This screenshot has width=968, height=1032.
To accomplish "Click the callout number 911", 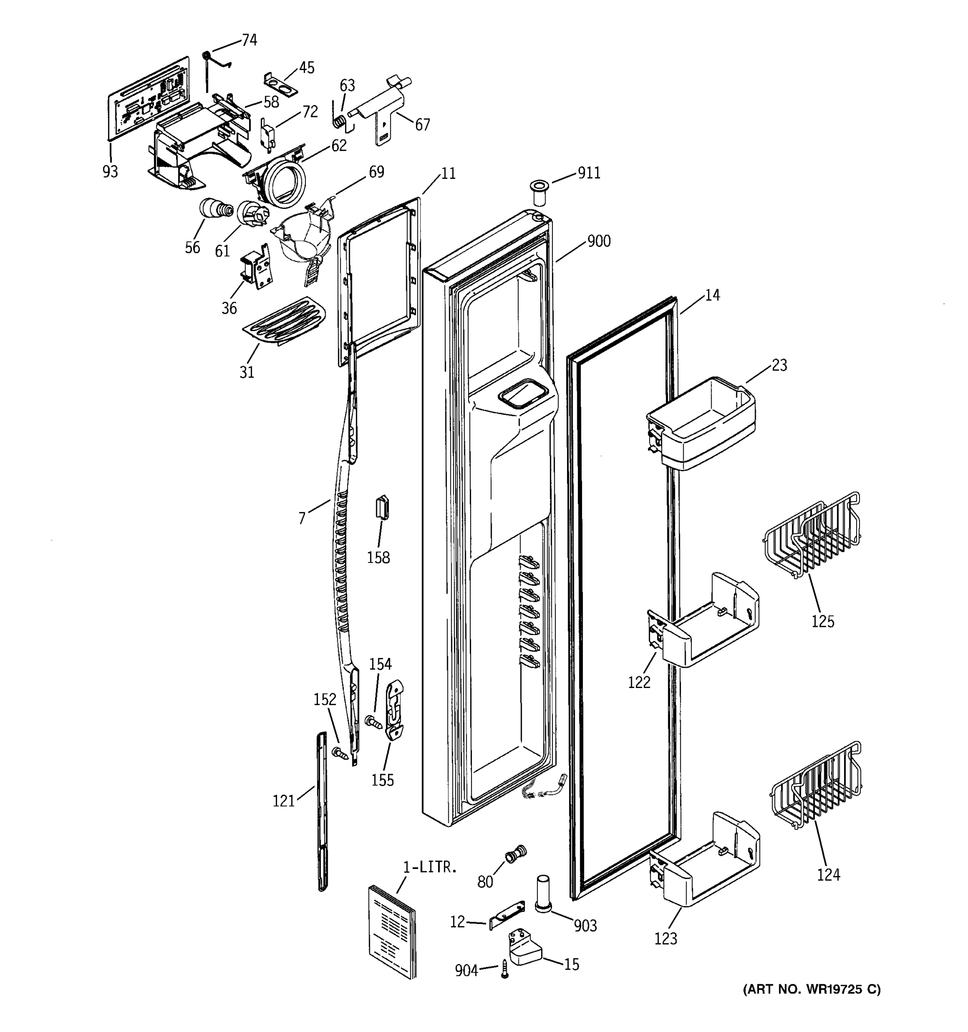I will pos(589,173).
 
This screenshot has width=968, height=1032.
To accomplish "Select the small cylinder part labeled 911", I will pos(539,193).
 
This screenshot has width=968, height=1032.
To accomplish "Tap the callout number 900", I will pos(598,241).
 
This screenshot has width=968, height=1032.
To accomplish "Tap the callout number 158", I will pos(378,558).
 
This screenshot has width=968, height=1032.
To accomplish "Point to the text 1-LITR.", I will pos(430,866).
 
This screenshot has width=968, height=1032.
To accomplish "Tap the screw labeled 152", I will pos(340,753).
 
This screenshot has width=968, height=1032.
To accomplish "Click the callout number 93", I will pos(110,171).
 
